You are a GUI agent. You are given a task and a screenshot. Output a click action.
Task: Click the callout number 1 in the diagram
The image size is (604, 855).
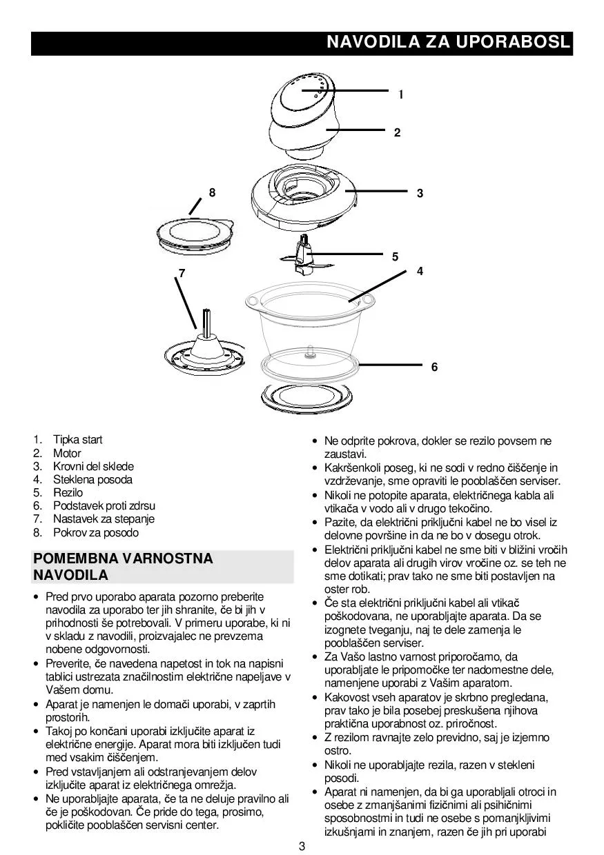coord(400,94)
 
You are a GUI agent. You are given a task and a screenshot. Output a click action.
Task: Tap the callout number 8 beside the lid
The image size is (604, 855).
coord(213,193)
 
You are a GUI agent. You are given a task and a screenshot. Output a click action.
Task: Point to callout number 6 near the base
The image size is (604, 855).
coord(434,368)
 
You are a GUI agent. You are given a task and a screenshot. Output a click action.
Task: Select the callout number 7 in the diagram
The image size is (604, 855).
coord(182,273)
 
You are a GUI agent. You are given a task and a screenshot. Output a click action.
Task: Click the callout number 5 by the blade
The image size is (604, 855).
coord(395,256)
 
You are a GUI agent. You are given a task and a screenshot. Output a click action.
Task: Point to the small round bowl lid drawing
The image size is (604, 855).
coord(193,233)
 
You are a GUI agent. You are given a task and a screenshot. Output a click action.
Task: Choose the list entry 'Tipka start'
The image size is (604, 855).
coord(77,440)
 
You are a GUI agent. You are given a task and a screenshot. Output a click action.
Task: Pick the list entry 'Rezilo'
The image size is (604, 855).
coord(68,493)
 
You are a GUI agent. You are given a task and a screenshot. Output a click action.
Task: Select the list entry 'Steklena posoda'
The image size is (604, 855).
coord(92,480)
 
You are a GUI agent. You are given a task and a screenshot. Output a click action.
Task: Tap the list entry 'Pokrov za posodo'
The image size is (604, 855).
coord(95,533)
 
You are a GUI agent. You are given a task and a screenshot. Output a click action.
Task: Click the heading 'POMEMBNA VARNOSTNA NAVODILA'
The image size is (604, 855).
coord(123,566)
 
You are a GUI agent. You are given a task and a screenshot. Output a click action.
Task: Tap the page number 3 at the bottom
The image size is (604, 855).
coord(302,847)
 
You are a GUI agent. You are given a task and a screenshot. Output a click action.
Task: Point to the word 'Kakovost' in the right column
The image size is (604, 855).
coord(346,697)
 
